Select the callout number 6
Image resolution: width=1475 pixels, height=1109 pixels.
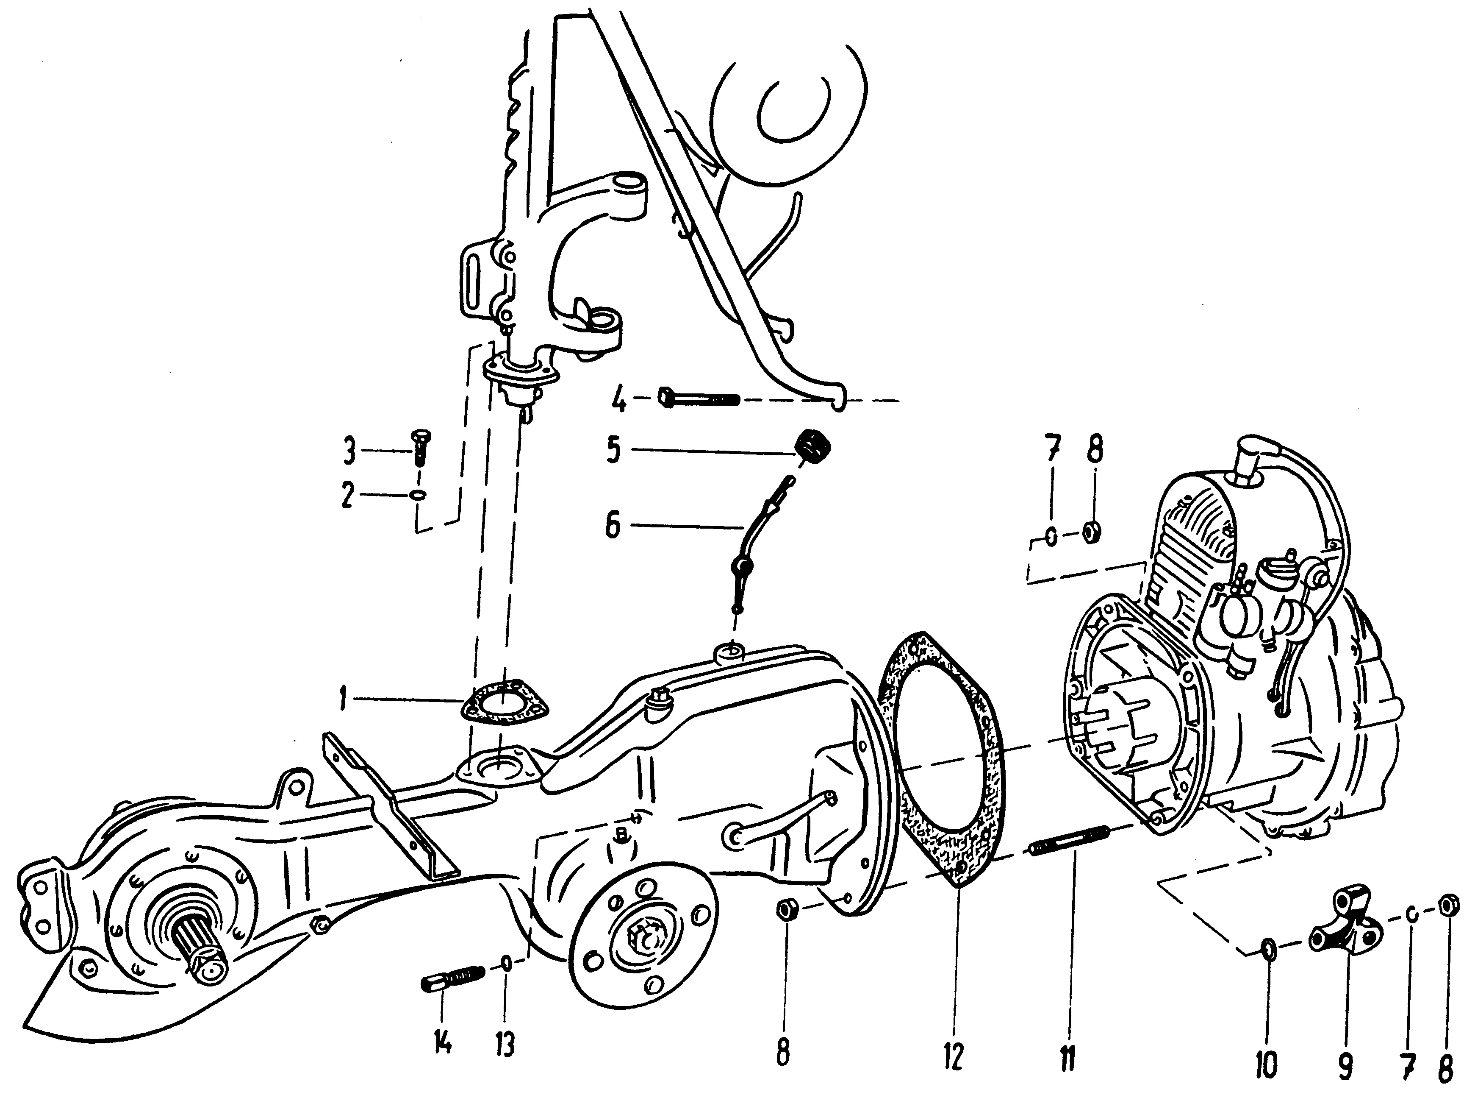point(613,525)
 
